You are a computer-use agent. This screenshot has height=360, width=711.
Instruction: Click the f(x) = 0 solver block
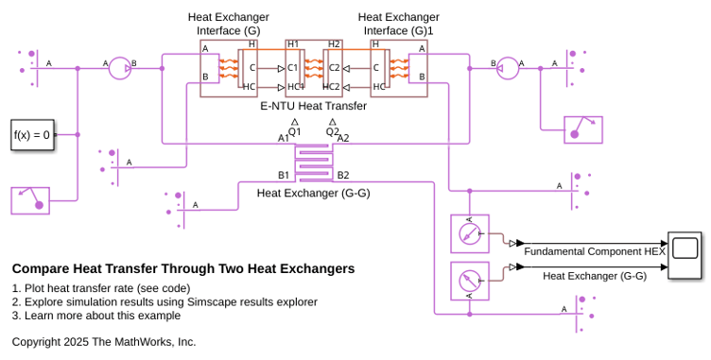(32, 135)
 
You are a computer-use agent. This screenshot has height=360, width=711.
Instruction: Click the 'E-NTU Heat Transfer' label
(313, 106)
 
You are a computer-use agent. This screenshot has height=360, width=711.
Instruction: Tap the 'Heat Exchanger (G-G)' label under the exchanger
(313, 193)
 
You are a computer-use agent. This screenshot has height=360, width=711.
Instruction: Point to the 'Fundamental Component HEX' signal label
(595, 251)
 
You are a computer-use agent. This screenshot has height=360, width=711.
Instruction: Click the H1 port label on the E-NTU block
(293, 44)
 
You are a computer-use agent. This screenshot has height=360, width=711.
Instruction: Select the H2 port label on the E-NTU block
(334, 44)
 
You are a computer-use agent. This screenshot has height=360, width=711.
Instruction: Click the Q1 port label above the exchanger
(295, 131)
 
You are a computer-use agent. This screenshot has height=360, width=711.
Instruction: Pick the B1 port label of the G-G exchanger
(284, 175)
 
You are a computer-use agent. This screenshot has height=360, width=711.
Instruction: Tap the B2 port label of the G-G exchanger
(343, 175)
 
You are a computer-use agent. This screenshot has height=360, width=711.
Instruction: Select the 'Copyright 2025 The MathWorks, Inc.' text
(104, 342)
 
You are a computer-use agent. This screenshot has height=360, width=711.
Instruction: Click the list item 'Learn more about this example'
(102, 316)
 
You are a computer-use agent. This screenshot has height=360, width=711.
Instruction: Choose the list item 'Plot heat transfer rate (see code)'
(108, 288)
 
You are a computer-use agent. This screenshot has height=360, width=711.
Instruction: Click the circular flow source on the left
(120, 68)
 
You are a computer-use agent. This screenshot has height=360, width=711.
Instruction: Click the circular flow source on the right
(508, 68)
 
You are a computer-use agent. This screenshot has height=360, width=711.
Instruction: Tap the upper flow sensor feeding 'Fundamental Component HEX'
(470, 233)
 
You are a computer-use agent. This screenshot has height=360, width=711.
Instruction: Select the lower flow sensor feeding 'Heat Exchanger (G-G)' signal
(470, 282)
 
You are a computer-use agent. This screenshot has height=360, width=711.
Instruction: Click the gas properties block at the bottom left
(30, 200)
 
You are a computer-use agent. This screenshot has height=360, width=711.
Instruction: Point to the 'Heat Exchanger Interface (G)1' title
(399, 24)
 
